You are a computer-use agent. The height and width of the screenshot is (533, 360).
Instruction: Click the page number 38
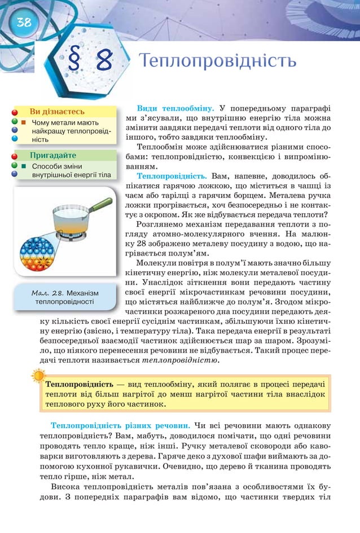point(23,23)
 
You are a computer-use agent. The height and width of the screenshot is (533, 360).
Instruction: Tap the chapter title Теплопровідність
point(218,60)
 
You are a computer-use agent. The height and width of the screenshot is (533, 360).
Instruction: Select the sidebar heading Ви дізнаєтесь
point(57,112)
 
